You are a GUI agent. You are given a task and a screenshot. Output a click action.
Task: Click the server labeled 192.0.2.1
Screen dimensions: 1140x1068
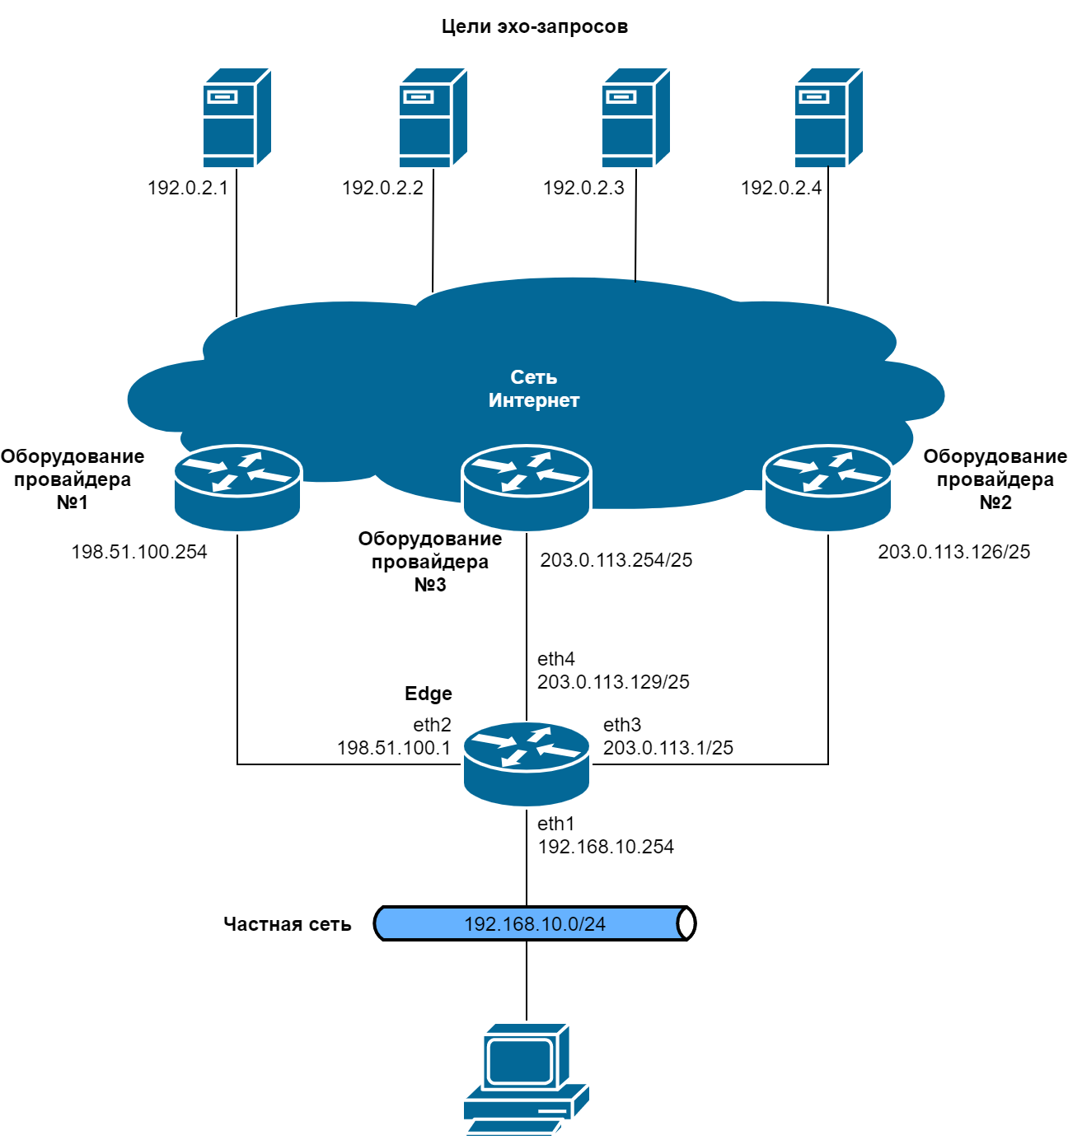(237, 118)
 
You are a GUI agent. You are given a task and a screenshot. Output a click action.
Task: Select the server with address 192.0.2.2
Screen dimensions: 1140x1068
(433, 118)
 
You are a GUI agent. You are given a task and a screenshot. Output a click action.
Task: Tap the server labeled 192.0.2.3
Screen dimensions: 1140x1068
(635, 118)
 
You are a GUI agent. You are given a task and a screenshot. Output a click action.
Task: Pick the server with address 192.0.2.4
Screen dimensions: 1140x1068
(828, 118)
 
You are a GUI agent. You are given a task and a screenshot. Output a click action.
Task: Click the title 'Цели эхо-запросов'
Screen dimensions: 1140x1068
(534, 26)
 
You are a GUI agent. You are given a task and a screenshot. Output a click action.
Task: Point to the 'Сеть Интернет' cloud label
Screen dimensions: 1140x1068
(534, 389)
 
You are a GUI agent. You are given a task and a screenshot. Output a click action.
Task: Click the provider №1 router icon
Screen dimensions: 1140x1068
(237, 487)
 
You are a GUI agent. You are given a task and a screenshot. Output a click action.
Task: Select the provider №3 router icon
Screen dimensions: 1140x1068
(527, 487)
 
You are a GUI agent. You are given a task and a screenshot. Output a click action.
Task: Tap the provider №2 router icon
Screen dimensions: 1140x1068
(828, 487)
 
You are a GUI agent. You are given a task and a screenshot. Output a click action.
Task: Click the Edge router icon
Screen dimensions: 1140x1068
(527, 764)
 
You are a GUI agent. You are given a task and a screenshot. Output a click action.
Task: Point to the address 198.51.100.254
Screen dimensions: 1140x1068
(139, 552)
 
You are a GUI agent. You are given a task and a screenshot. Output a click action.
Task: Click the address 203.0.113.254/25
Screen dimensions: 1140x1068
(616, 560)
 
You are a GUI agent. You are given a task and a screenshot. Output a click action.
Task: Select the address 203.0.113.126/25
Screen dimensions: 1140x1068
(953, 552)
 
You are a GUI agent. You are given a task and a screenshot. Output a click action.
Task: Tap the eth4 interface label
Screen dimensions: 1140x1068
(556, 659)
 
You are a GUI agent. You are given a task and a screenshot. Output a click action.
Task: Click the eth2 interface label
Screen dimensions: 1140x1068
(432, 725)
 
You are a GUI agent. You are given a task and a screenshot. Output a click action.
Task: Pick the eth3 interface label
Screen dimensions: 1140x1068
(622, 725)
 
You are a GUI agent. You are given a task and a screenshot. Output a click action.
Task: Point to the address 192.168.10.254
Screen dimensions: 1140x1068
(606, 847)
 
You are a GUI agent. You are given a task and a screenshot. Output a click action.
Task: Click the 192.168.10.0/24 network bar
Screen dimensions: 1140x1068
(534, 924)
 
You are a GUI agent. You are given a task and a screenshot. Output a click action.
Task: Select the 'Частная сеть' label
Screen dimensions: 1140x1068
(287, 924)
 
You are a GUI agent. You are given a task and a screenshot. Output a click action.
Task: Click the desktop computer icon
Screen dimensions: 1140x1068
(526, 1079)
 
